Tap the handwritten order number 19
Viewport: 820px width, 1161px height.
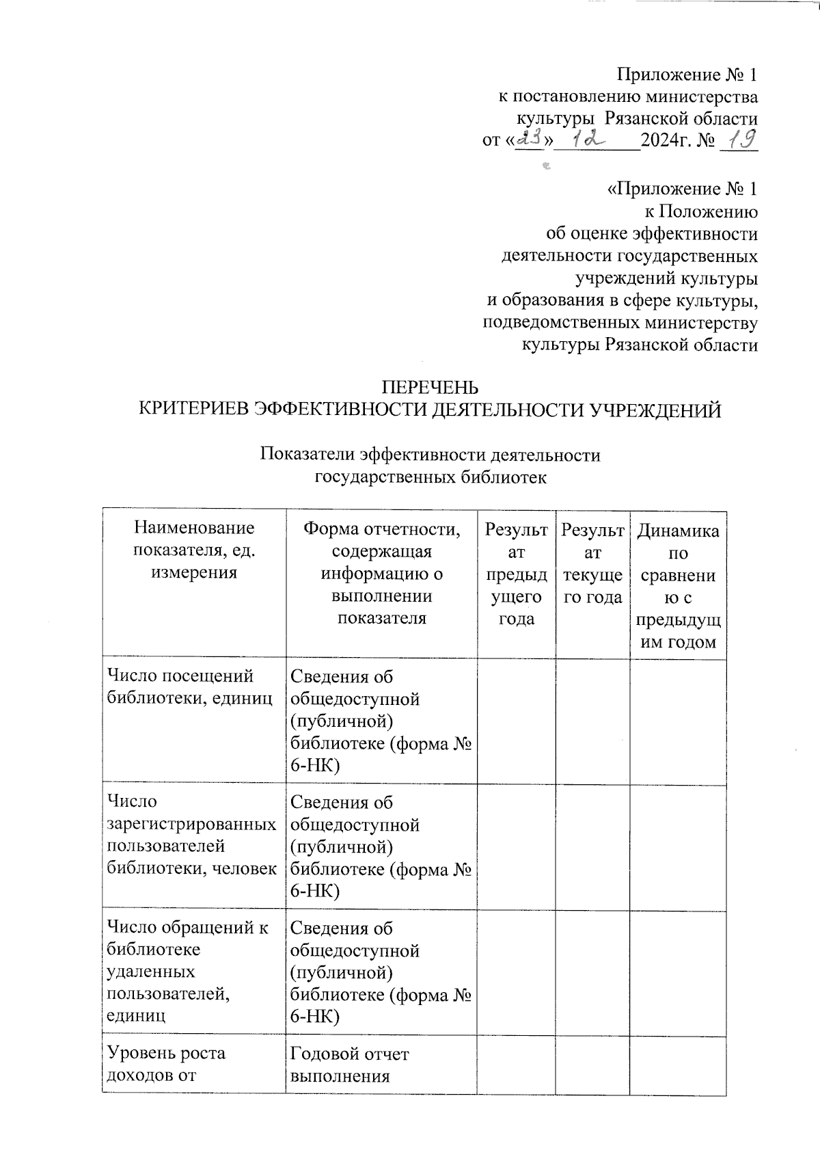point(741,139)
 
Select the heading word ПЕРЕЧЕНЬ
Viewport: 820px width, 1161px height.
point(430,388)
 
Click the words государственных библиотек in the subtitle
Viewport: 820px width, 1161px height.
point(430,477)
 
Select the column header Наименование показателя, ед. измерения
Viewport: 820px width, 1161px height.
point(194,550)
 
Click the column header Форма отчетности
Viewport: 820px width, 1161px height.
point(381,573)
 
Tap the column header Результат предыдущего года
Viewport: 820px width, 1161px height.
point(516,573)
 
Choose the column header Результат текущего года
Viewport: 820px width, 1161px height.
point(592,562)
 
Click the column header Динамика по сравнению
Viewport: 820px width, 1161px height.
point(677,585)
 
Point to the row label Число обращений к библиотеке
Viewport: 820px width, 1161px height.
point(188,971)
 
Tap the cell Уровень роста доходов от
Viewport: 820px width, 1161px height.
point(166,1064)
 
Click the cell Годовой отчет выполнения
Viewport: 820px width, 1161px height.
point(349,1064)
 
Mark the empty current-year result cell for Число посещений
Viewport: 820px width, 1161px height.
point(592,721)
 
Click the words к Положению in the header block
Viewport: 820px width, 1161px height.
point(700,211)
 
